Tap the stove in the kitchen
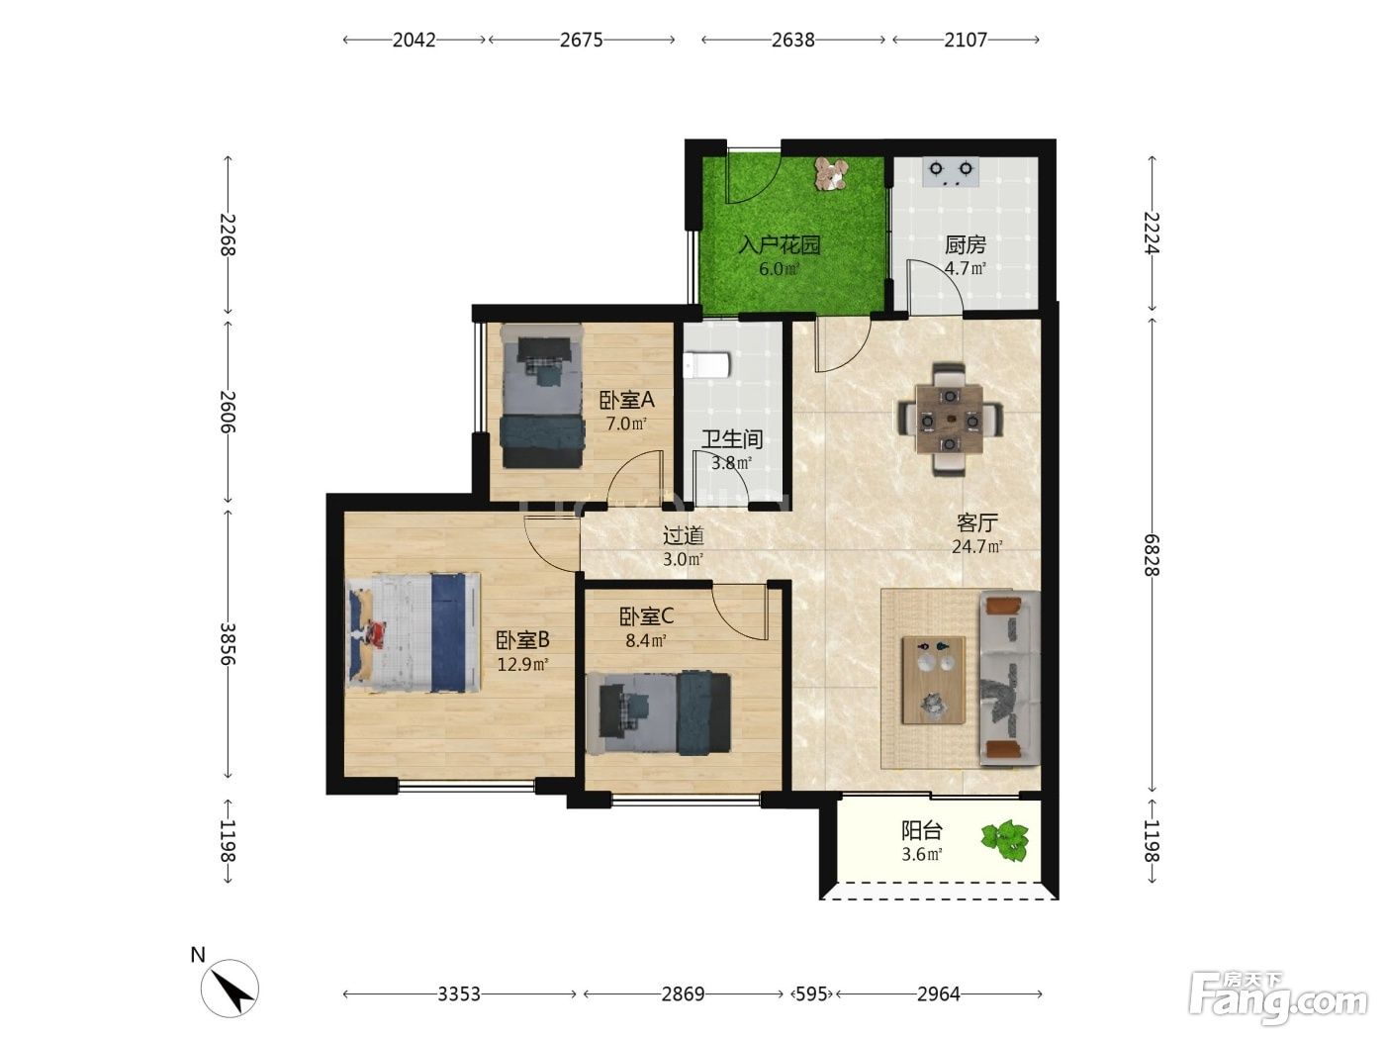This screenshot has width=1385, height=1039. coord(951,171)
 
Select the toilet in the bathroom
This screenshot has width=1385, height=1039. coord(706,365)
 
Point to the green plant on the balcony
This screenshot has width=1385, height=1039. coord(1005,840)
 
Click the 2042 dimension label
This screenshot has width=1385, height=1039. coord(414,41)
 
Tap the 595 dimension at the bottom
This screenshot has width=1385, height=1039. coord(811,994)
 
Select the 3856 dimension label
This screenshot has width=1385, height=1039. coord(228,644)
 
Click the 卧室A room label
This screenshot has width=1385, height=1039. coord(626,400)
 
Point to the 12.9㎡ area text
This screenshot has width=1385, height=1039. coord(522,664)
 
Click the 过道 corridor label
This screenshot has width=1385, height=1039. coord(683,536)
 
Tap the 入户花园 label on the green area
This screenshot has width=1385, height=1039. coord(780,244)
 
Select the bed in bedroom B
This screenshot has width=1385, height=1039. coord(414,632)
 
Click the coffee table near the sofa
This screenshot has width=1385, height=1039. coord(933,680)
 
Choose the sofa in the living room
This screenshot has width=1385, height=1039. coord(1008,678)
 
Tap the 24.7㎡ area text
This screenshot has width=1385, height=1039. coord(976,546)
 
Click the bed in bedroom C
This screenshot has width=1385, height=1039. coord(658,712)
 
